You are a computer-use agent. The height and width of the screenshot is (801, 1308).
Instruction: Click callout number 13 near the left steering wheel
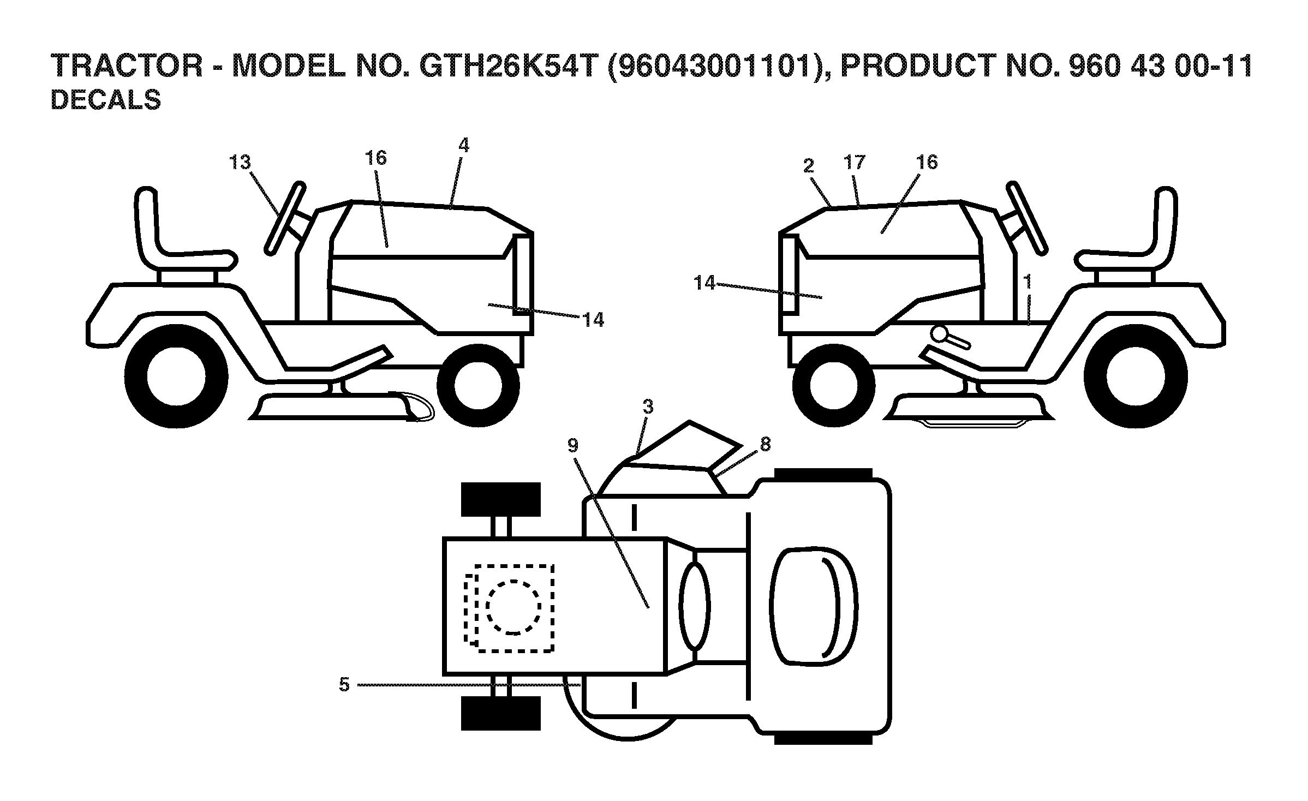[240, 162]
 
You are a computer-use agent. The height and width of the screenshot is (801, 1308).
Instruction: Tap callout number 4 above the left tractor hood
[463, 145]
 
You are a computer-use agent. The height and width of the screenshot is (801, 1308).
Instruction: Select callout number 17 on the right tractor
[854, 162]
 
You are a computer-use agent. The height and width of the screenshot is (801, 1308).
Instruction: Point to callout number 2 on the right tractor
[808, 165]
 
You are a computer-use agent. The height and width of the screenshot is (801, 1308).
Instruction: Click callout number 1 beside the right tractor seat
[1028, 282]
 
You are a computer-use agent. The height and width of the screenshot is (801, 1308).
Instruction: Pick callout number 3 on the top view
[648, 407]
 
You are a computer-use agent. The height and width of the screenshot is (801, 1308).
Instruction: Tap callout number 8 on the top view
[765, 445]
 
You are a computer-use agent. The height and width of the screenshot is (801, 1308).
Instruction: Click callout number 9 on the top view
[572, 446]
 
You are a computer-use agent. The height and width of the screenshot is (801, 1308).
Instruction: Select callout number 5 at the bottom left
[344, 684]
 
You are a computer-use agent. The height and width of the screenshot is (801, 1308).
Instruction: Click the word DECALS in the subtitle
[106, 100]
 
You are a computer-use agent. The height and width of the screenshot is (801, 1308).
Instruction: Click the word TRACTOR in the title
[127, 66]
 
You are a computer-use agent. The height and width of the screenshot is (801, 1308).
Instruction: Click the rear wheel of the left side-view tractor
[176, 376]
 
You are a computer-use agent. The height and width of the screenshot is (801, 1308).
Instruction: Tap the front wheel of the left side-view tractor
[477, 385]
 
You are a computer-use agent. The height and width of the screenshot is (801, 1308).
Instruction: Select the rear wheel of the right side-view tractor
[1136, 376]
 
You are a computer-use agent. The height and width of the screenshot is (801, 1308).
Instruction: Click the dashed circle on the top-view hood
[513, 607]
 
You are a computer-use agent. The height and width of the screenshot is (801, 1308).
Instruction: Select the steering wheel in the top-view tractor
[695, 606]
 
